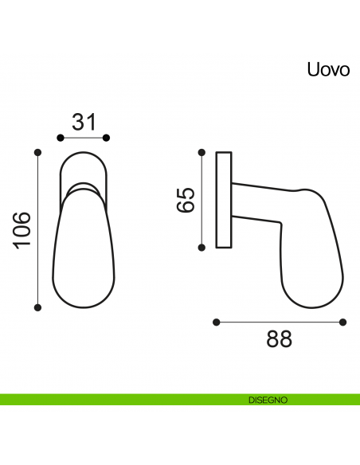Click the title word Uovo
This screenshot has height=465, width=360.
tap(328, 69)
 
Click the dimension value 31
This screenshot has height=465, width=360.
tap(84, 122)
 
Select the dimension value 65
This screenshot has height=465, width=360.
tap(185, 200)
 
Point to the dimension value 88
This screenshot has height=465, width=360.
tap(279, 339)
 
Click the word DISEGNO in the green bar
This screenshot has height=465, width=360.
tap(267, 399)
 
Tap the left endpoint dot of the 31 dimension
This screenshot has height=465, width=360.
tap(61, 138)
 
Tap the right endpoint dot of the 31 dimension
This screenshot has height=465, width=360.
tap(108, 138)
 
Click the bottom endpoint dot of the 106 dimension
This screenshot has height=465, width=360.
tap(37, 307)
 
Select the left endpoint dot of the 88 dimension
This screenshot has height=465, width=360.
tap(216, 322)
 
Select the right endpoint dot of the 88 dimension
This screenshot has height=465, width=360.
tap(343, 322)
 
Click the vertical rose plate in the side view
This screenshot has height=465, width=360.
tap(224, 200)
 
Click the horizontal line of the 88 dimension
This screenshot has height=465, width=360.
tap(279, 322)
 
